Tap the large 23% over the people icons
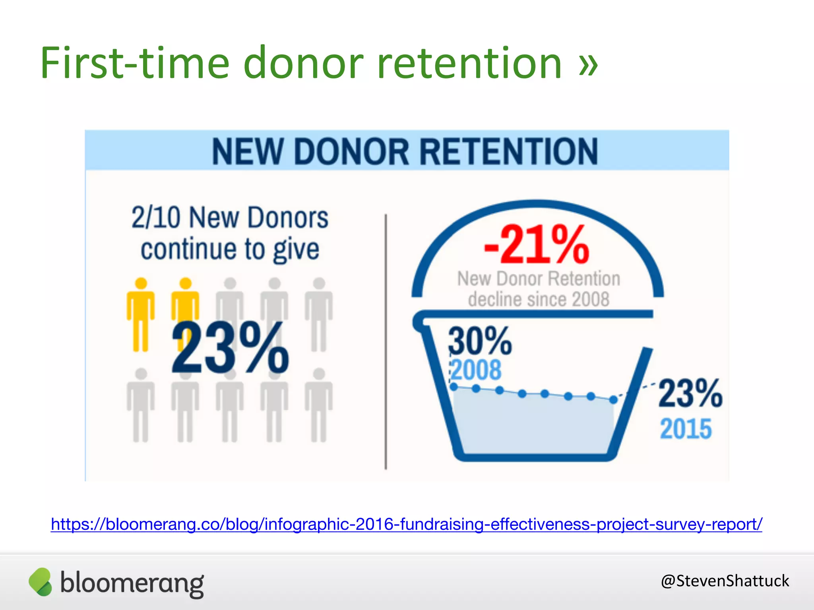(230, 348)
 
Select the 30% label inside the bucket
(480, 340)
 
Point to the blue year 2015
(686, 429)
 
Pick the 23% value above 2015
(690, 393)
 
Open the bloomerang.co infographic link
(406, 524)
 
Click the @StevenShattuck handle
(725, 581)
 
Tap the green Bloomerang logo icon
(41, 582)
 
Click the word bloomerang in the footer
(132, 583)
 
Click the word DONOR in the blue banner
(351, 151)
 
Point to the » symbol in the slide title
(588, 63)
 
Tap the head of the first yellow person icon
(141, 283)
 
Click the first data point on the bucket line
(454, 387)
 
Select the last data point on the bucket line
(614, 400)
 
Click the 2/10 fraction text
(156, 218)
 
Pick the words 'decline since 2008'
(539, 299)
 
